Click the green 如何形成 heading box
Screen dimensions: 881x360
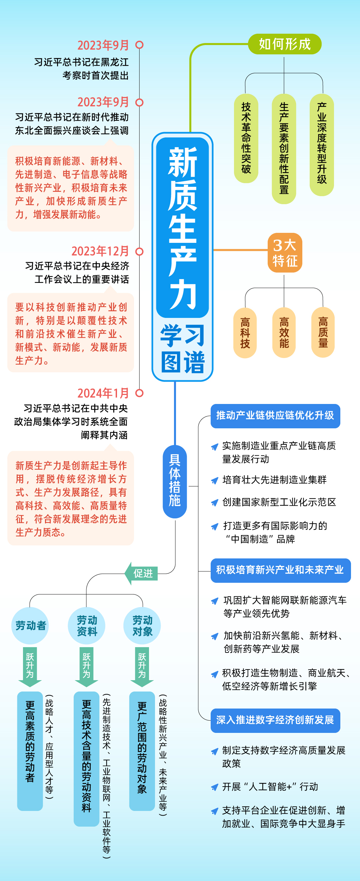284,44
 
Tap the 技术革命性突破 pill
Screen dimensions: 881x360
246,138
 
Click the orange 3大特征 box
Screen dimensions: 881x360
285,253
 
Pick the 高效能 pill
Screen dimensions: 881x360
284,333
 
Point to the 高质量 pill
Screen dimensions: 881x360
323,333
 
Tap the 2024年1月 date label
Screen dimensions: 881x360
103,393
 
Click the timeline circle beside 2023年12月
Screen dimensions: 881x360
139,252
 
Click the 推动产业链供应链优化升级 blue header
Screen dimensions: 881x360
275,416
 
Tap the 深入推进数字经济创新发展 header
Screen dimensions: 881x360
275,720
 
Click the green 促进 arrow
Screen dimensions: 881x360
141,573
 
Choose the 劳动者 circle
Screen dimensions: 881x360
30,626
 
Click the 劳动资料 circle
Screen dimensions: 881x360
86,626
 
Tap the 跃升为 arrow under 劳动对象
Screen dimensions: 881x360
142,667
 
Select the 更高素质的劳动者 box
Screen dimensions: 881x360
30,751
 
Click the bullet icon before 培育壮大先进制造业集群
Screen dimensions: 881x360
215,480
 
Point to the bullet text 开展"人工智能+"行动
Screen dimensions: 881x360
270,787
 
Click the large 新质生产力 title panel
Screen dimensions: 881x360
182,228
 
